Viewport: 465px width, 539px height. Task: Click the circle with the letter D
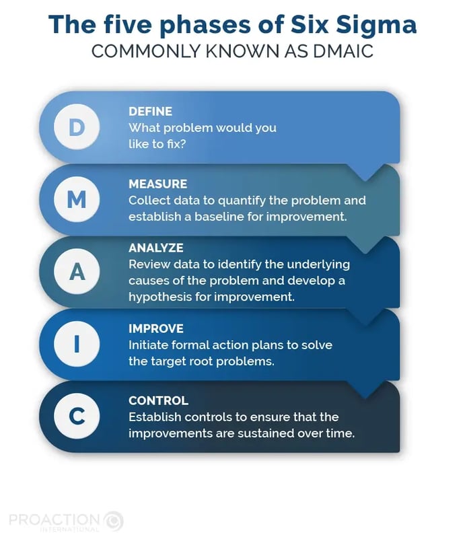tap(77, 127)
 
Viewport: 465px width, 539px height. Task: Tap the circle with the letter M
tap(77, 199)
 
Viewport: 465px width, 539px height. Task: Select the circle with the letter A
tap(77, 272)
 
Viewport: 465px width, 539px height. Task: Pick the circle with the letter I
tap(77, 344)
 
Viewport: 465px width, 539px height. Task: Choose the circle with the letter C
tap(77, 417)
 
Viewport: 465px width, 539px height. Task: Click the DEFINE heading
tap(150, 112)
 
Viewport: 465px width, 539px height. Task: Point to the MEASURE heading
tap(157, 184)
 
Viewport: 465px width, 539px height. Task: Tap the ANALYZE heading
tap(155, 248)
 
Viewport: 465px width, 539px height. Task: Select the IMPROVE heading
tap(155, 328)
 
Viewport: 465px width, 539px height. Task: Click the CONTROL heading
tap(158, 400)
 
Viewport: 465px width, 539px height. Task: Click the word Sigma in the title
tap(376, 26)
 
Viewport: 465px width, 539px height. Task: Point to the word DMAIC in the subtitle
tap(343, 52)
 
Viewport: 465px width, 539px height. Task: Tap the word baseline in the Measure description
tap(214, 217)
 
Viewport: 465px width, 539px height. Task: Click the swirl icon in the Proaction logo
tap(114, 521)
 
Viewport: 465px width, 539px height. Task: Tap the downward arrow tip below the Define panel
tap(365, 180)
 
